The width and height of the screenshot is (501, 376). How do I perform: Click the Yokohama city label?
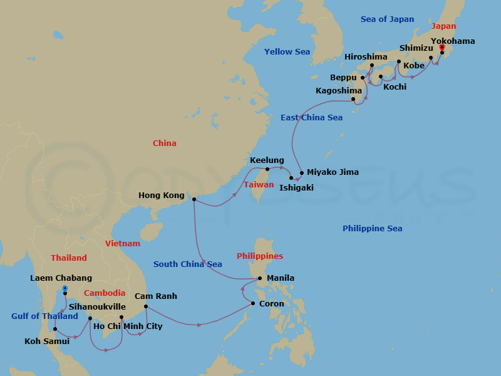452,41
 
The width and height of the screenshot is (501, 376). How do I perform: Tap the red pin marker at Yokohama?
442,48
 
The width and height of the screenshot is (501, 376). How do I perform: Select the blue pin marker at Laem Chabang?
65,289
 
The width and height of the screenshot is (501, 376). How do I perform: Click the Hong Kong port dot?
194,199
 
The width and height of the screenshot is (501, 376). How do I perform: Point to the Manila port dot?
260,278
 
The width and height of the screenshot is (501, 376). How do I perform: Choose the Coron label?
271,304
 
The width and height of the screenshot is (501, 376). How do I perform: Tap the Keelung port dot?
267,169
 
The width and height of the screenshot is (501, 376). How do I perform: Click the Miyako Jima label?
333,172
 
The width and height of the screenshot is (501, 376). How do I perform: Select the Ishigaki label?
296,187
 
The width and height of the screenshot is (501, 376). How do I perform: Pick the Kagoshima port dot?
353,99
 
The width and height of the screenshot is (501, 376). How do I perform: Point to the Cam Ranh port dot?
145,306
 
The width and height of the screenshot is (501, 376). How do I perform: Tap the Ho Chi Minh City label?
127,326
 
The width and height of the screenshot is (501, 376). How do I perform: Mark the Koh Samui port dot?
55,329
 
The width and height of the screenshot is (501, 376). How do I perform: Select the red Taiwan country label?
259,185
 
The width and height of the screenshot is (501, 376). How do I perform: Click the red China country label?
165,144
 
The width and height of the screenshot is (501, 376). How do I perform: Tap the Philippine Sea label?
372,229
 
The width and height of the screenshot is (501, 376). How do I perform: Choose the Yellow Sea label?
287,52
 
